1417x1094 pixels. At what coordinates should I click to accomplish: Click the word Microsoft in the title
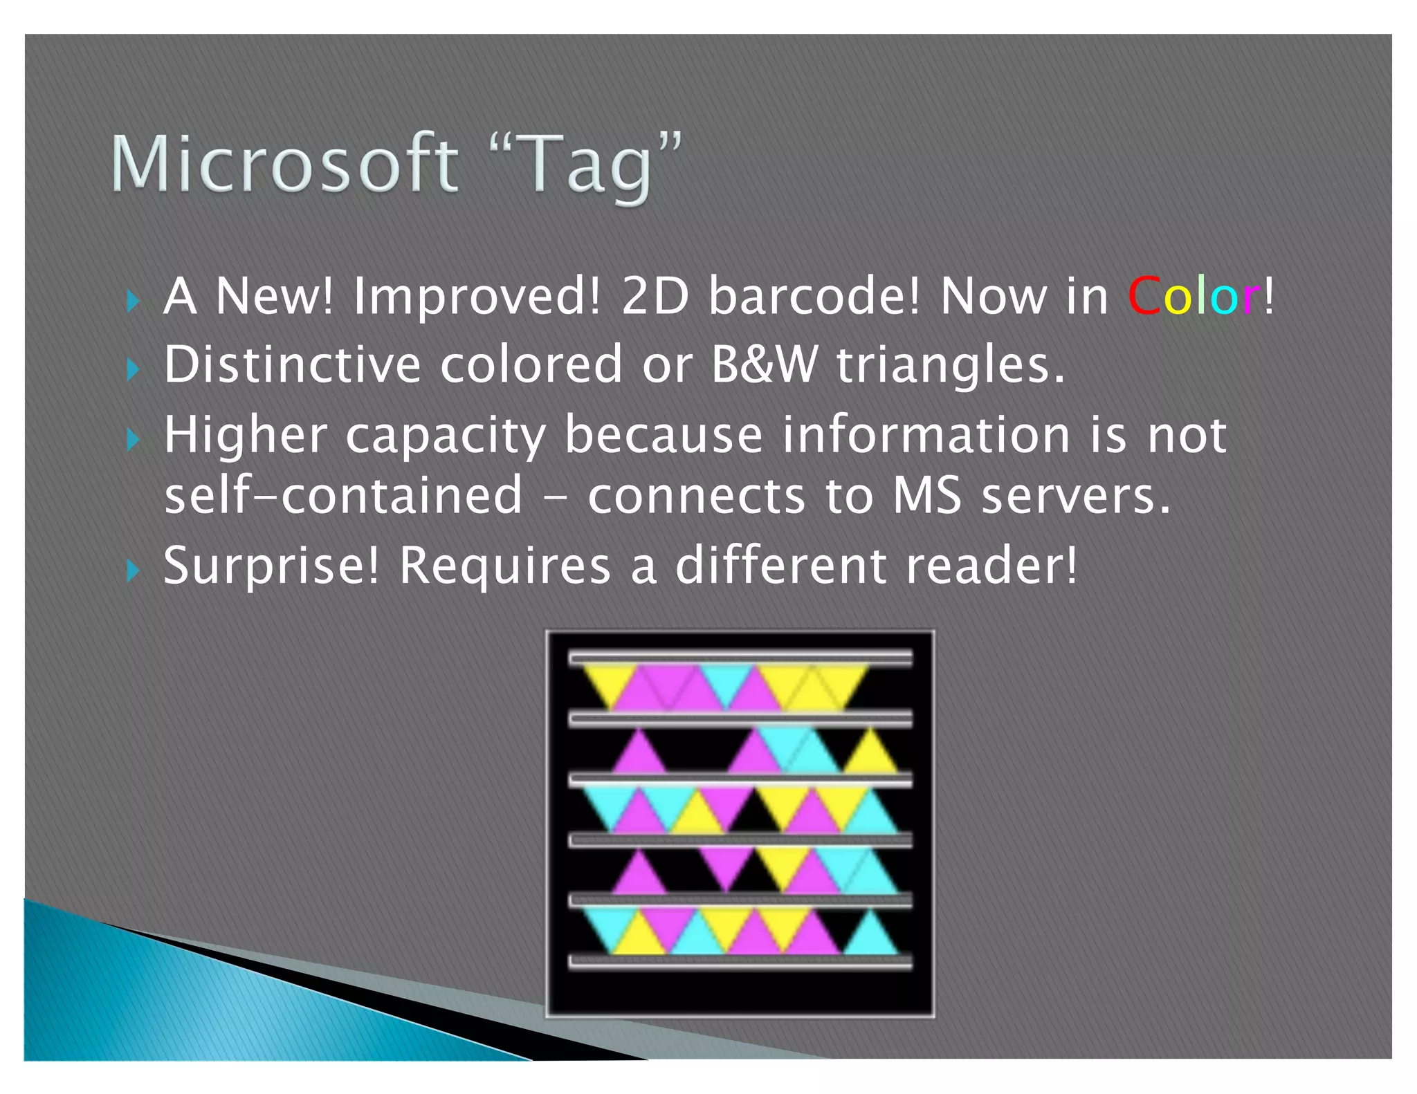[x=284, y=165]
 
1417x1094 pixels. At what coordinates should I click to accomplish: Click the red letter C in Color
[x=1144, y=296]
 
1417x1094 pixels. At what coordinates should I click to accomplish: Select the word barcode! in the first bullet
[x=814, y=296]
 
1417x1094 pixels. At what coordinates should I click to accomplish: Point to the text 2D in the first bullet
[x=655, y=296]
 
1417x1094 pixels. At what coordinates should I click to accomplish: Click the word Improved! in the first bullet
[x=476, y=296]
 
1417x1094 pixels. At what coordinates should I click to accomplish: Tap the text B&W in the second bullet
[x=764, y=364]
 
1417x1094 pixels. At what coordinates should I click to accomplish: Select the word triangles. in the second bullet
[x=951, y=364]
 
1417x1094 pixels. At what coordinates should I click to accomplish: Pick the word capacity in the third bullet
[x=446, y=436]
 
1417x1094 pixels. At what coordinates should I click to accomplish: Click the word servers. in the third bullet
[x=1075, y=496]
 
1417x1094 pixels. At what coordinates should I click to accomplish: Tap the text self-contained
[x=343, y=496]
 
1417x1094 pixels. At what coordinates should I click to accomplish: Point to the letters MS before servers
[x=926, y=496]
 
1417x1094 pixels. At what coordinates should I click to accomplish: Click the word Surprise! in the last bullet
[x=271, y=566]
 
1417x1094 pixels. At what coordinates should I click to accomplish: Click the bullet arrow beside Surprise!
[x=133, y=571]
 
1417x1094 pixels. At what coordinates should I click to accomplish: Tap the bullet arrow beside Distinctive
[x=133, y=370]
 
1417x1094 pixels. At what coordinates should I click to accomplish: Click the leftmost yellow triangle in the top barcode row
[x=609, y=681]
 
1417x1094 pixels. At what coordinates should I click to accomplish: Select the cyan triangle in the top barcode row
[x=726, y=681]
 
